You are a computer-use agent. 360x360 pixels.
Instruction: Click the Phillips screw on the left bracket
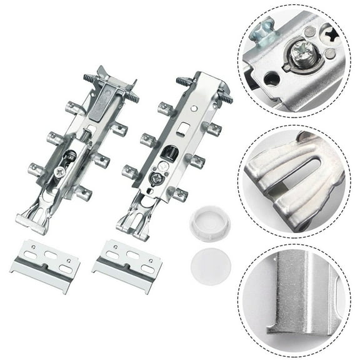click(59, 170)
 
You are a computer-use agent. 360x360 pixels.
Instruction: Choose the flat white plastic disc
click(210, 264)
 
